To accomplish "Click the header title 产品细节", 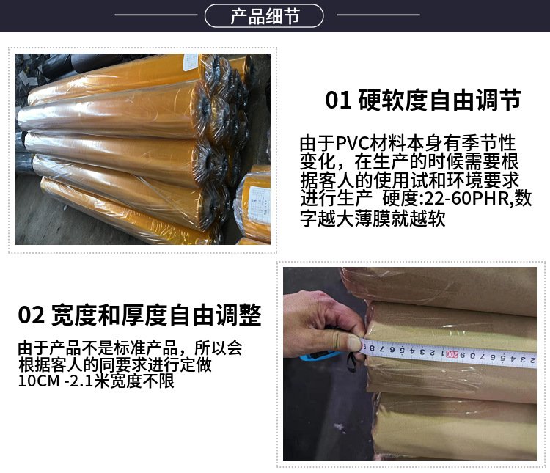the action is (x=265, y=16).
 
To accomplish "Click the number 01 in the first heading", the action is (x=338, y=100).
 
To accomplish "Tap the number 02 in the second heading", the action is (x=32, y=315).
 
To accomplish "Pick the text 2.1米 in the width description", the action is (x=89, y=381).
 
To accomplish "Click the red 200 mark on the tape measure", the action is (x=452, y=354).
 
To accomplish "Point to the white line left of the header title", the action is (x=156, y=15).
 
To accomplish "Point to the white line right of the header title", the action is (x=378, y=15).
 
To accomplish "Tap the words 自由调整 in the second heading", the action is (x=215, y=315).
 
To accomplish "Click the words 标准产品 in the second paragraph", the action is (x=145, y=348).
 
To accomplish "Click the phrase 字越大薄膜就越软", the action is (x=373, y=219).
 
